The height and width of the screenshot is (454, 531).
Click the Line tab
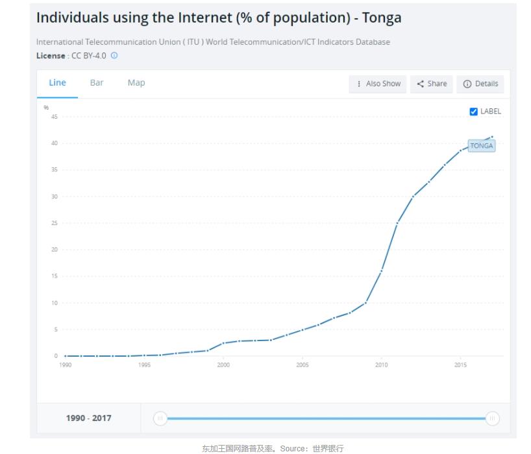(x=57, y=83)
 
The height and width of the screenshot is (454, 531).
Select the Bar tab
(x=97, y=83)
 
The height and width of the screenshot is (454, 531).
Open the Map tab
(x=136, y=83)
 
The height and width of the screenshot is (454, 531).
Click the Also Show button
(x=378, y=84)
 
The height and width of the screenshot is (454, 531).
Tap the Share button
(x=432, y=84)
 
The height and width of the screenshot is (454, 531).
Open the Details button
(x=480, y=84)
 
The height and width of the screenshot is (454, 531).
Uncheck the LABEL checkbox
(x=474, y=112)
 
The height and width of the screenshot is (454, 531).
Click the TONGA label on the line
(x=481, y=146)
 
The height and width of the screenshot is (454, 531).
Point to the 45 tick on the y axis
(x=55, y=117)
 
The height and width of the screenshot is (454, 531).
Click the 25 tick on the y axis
(x=55, y=223)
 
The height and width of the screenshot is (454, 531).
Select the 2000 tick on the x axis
(x=223, y=365)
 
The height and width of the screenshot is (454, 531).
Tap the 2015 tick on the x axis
(x=460, y=365)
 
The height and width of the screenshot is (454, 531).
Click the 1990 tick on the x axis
(x=66, y=365)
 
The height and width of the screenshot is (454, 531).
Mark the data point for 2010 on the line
(x=381, y=270)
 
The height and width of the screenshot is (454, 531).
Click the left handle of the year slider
(x=160, y=418)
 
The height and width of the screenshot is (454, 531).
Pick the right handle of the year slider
(x=493, y=418)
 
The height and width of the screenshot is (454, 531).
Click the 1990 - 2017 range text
(x=88, y=418)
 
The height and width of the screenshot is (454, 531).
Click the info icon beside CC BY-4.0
(x=114, y=56)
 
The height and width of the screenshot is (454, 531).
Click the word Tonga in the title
(x=384, y=18)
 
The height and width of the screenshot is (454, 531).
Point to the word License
(x=51, y=56)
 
